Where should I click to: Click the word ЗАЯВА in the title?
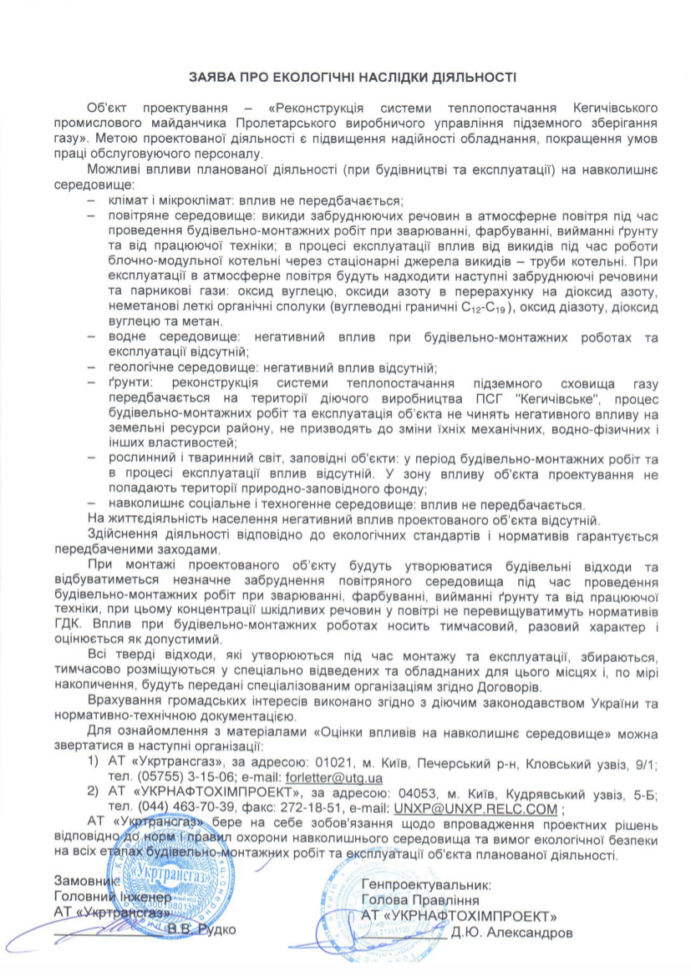click(x=211, y=77)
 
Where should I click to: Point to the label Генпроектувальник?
click(x=426, y=882)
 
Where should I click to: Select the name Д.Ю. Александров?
click(x=511, y=932)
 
